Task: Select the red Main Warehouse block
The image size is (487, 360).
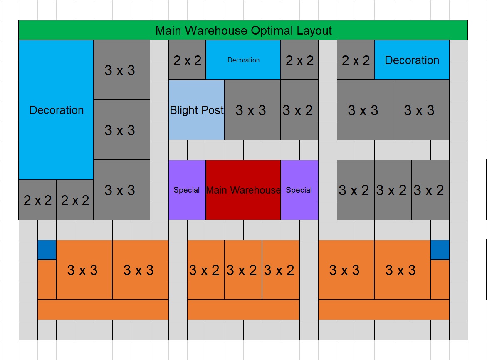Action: coord(243,190)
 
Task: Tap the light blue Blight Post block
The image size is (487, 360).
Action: coord(196,110)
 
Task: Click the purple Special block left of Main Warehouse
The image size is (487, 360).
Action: coord(187,190)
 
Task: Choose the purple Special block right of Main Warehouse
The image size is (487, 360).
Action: coord(299,190)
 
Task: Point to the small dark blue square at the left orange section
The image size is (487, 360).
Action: coord(47,250)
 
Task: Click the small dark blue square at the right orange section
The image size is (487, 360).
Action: coord(440,250)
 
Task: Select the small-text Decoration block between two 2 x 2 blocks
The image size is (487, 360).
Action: coord(243,60)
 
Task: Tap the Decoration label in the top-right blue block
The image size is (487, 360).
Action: coord(412,60)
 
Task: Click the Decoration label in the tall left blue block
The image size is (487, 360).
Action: coord(57,110)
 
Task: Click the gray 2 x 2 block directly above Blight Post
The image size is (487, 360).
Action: coord(187,60)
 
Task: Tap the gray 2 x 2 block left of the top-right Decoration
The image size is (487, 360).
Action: coord(356,60)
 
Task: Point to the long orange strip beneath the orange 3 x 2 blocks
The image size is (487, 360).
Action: coord(243,310)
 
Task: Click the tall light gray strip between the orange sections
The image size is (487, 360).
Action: coord(309,280)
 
